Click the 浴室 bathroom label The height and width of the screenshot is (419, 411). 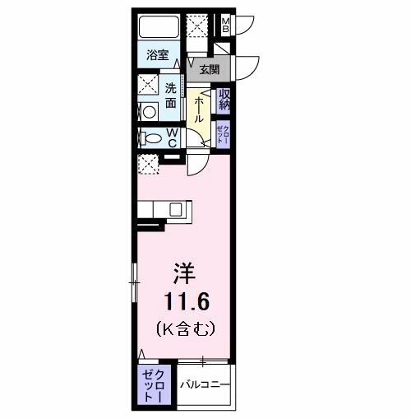pyautogui.click(x=158, y=55)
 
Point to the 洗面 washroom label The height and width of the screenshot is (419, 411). pyautogui.click(x=170, y=95)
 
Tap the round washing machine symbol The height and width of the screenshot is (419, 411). pyautogui.click(x=148, y=112)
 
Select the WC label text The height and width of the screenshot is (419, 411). pyautogui.click(x=173, y=138)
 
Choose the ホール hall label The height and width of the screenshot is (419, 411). pyautogui.click(x=199, y=107)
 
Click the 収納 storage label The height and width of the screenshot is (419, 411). pyautogui.click(x=224, y=100)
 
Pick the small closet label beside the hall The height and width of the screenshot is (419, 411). pyautogui.click(x=223, y=134)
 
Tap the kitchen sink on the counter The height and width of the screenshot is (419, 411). pyautogui.click(x=176, y=209)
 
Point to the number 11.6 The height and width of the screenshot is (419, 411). pyautogui.click(x=183, y=300)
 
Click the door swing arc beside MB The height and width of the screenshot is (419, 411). pyautogui.click(x=243, y=25)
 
